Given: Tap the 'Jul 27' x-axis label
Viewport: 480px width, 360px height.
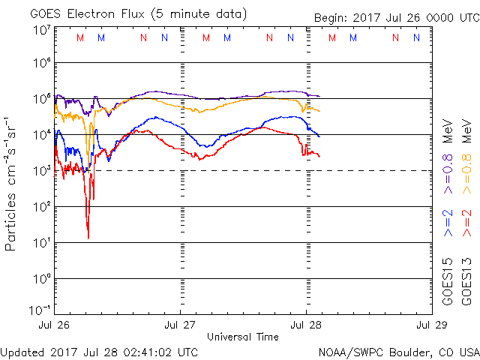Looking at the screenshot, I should (180, 325).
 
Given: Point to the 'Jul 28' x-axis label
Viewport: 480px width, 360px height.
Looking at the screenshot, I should (306, 325).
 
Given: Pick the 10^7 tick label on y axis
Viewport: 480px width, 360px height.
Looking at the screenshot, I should (41, 30).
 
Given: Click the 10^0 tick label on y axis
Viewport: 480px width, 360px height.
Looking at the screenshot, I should (41, 279).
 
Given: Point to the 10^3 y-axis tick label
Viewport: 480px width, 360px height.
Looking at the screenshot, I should (41, 171).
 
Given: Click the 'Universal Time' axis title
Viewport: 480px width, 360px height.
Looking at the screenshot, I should (242, 337).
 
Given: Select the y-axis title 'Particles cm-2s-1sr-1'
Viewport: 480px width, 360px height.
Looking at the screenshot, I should (12, 184).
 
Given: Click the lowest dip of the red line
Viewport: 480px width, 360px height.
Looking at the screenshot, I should (88, 238).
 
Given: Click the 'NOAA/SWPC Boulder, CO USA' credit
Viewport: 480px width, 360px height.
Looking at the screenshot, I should (398, 352).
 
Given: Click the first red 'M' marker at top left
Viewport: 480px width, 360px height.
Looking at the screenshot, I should (80, 37).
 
